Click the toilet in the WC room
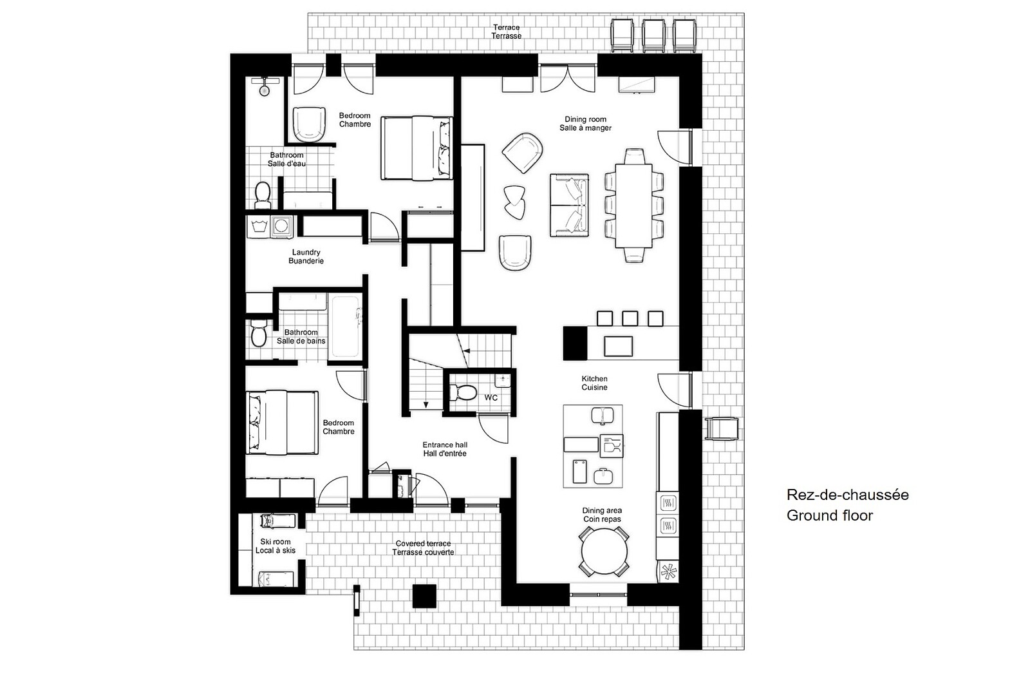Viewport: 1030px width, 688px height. coord(463,392)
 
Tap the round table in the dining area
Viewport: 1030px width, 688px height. coord(604,552)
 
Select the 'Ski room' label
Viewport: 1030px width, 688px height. coord(276,542)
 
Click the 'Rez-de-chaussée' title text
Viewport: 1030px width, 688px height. coord(847,495)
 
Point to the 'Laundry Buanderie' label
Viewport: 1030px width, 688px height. coord(306,256)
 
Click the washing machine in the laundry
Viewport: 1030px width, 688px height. coord(281,226)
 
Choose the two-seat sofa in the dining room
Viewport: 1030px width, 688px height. coord(569,205)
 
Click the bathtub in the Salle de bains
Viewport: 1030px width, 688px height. coord(345,326)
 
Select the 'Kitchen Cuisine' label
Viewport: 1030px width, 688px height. coord(594,383)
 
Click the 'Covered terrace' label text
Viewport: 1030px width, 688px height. coord(423,544)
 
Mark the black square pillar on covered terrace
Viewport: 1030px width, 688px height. coord(424,597)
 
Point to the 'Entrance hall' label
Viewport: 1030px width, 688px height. coord(445,444)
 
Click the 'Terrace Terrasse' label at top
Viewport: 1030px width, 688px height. coord(506,32)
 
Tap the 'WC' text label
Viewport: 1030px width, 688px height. coord(491,397)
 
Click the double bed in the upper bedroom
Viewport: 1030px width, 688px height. coord(417,148)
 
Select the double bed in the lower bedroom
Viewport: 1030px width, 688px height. coord(282,423)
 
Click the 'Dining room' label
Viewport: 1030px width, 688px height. coord(585,119)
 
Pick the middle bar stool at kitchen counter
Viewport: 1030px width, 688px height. coord(630,318)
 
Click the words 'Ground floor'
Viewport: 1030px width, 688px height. coord(830,515)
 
